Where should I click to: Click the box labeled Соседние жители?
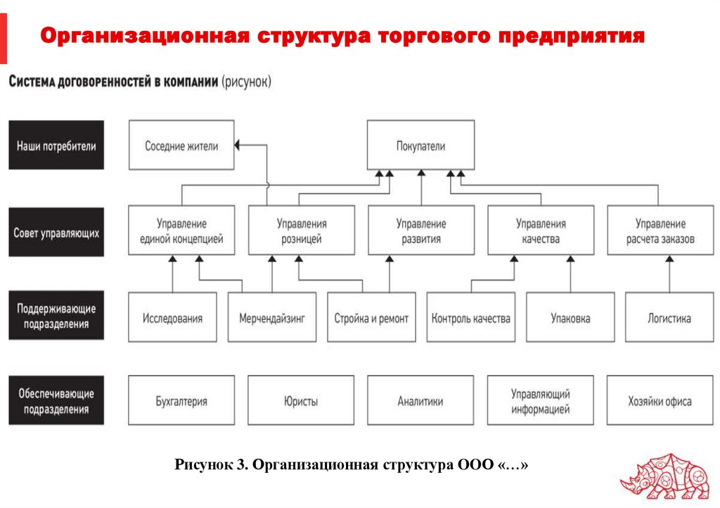click(181, 145)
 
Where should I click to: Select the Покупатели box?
click(420, 145)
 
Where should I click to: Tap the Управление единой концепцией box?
click(181, 230)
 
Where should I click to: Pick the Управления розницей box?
click(301, 230)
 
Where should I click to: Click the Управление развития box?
click(420, 230)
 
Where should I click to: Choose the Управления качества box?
click(540, 230)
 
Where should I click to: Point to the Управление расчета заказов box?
click(660, 230)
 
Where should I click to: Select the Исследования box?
click(172, 318)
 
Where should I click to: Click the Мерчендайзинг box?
click(271, 318)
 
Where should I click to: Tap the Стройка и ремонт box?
click(371, 318)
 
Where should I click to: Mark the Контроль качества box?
click(470, 318)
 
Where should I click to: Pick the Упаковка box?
click(570, 318)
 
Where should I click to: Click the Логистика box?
click(669, 318)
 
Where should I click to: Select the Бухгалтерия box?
click(181, 400)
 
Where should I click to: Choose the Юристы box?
click(301, 400)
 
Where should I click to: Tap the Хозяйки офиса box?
click(660, 400)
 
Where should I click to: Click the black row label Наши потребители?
click(56, 145)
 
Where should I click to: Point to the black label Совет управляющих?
click(56, 231)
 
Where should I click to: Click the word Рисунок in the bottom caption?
click(204, 466)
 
